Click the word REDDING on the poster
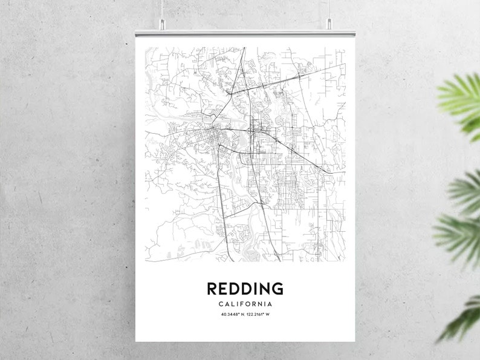click(x=245, y=289)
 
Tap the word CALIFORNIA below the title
click(x=245, y=304)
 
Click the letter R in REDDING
click(x=212, y=289)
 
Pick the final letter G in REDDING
click(x=277, y=289)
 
